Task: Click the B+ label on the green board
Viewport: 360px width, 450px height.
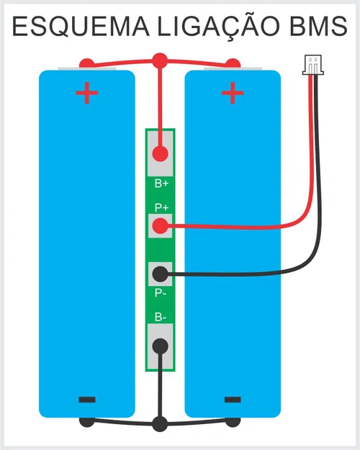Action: coord(161,184)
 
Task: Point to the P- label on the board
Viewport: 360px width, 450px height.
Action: coord(161,294)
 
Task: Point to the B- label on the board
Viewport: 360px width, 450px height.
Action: coord(161,317)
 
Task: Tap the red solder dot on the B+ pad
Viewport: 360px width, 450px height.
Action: coord(161,153)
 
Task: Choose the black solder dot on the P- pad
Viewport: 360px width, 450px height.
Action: coord(161,274)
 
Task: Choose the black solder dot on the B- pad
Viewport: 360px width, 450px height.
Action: coord(161,346)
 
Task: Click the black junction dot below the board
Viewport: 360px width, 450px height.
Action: coord(160,423)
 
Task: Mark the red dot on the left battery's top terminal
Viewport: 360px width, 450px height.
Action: coord(86,63)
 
